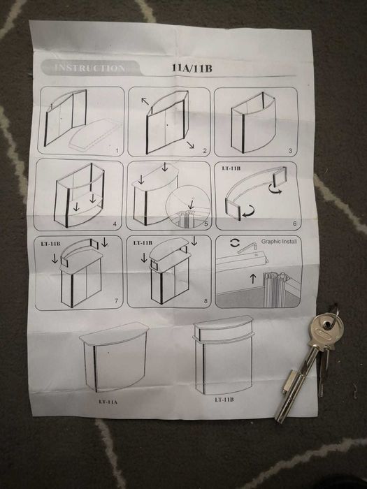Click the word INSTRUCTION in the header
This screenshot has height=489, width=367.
click(x=89, y=68)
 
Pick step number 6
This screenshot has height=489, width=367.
click(x=293, y=224)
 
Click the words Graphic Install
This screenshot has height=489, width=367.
click(x=280, y=242)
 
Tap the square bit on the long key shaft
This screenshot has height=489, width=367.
click(x=289, y=382)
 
